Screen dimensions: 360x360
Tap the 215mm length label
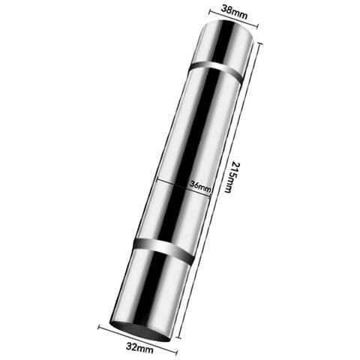(x=232, y=177)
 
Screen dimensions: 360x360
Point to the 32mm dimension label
(x=139, y=347)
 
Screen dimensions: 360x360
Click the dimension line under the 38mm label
(x=234, y=18)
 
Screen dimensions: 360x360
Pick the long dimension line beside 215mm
(x=220, y=191)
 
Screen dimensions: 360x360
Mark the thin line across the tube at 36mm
(x=184, y=187)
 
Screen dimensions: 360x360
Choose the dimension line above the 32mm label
(x=137, y=339)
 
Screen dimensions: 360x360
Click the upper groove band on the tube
(x=216, y=70)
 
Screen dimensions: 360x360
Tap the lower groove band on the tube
(x=163, y=250)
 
